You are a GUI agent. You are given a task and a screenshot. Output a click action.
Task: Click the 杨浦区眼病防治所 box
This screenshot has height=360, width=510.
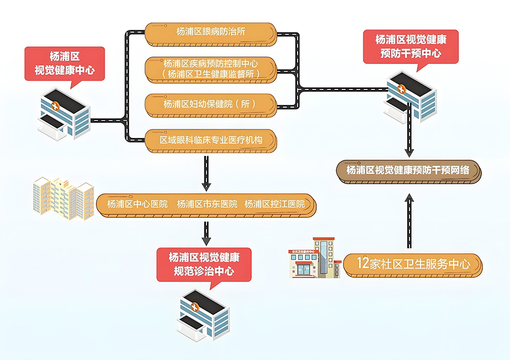tap(211, 34)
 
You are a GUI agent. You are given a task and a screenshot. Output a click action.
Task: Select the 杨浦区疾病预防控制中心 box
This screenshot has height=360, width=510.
tap(211, 70)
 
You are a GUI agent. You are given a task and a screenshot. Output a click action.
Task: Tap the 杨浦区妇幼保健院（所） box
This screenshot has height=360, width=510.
tap(211, 106)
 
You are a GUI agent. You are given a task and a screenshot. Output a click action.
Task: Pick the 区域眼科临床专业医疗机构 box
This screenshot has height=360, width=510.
tap(211, 141)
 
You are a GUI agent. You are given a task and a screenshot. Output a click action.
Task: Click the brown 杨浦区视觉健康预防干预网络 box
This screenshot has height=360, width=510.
tap(409, 172)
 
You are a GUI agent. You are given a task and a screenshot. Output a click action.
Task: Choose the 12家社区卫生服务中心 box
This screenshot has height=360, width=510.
tap(413, 265)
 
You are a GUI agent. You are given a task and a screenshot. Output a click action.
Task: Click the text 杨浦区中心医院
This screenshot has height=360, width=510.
tap(137, 204)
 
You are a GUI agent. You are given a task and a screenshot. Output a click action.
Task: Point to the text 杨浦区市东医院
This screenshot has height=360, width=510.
tap(207, 204)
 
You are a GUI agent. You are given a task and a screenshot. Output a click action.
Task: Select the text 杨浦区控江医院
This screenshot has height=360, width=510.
tap(275, 204)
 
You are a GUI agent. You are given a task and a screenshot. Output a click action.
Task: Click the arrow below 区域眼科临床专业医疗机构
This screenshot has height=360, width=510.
tap(206, 174)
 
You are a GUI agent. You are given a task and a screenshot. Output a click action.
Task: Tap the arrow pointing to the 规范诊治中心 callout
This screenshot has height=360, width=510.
tap(206, 234)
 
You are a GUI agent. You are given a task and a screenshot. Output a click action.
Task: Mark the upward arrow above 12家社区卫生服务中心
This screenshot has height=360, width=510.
tap(409, 221)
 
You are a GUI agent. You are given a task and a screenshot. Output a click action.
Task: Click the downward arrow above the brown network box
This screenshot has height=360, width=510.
tap(409, 130)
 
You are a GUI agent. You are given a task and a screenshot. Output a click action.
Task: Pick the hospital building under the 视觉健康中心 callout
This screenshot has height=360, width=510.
tap(64, 114)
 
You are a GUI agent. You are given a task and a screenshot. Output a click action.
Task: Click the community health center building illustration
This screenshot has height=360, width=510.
tap(314, 258)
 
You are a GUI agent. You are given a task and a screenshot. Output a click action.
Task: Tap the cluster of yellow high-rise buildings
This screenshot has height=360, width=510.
tap(63, 198)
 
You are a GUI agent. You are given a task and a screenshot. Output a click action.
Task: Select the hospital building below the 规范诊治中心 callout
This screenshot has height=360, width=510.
tap(203, 315)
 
